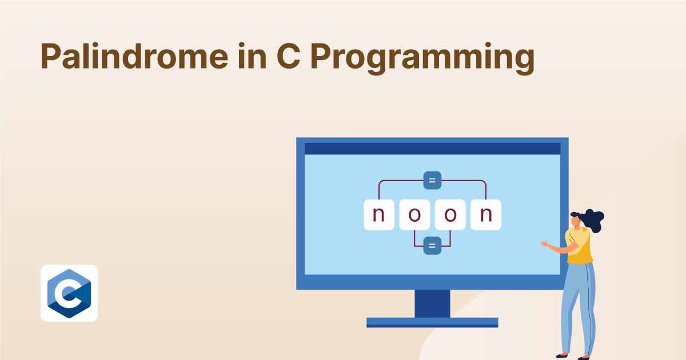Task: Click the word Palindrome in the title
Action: coord(134,56)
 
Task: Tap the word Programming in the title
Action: coord(422,58)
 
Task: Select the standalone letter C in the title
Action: coord(288,57)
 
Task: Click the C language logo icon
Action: coord(69,293)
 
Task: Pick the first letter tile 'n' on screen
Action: coord(379,215)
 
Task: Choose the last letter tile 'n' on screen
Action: coord(486,215)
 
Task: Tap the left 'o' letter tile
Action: coord(414,215)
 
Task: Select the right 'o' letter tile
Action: coord(450,215)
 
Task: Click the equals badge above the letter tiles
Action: coord(432,181)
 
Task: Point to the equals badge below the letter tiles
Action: coord(432,246)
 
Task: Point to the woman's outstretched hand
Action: coord(544,243)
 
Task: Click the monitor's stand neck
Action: coord(432,303)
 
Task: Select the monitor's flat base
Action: coord(432,323)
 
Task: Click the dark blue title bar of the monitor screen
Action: coord(432,149)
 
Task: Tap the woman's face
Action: coord(575,221)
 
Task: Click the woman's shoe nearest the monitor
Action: coord(562,355)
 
